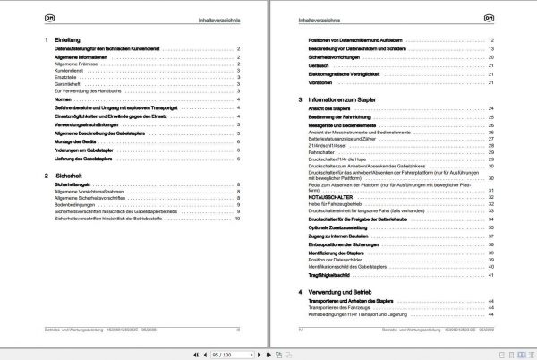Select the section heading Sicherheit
tap(68, 176)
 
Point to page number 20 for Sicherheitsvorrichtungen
tap(491, 56)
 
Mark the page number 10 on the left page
tap(239, 219)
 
